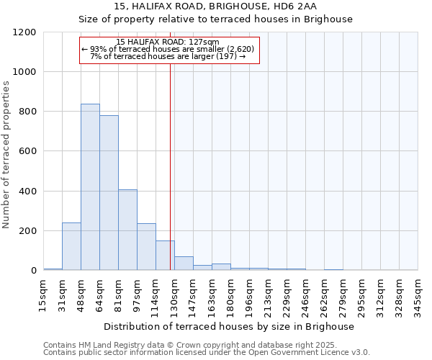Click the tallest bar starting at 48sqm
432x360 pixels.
(x=90, y=187)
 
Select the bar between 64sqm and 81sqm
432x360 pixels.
(x=109, y=193)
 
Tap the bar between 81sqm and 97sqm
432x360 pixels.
(x=127, y=230)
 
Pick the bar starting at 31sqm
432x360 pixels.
(x=71, y=246)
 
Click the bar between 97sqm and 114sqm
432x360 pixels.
(x=146, y=247)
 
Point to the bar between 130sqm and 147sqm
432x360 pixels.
(x=184, y=264)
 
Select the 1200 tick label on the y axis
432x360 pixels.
(x=24, y=32)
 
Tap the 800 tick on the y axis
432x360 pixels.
(x=27, y=112)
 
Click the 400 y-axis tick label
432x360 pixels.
(x=27, y=192)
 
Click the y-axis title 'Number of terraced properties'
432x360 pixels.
(x=6, y=155)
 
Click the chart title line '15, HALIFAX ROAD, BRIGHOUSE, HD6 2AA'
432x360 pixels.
(x=215, y=6)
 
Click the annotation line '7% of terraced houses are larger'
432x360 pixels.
(x=168, y=56)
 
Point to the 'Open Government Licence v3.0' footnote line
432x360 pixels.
(x=207, y=352)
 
